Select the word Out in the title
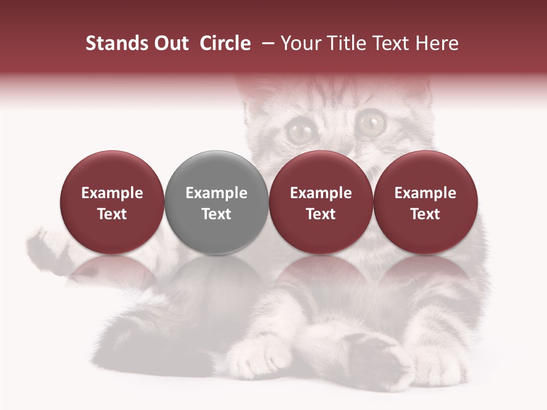169,43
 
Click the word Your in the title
300,43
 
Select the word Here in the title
438,43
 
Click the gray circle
217,202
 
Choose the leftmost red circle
112,202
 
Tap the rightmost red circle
426,202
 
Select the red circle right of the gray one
321,202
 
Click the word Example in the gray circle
217,193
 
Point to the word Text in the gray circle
217,214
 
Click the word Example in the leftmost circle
112,193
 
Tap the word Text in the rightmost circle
426,214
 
